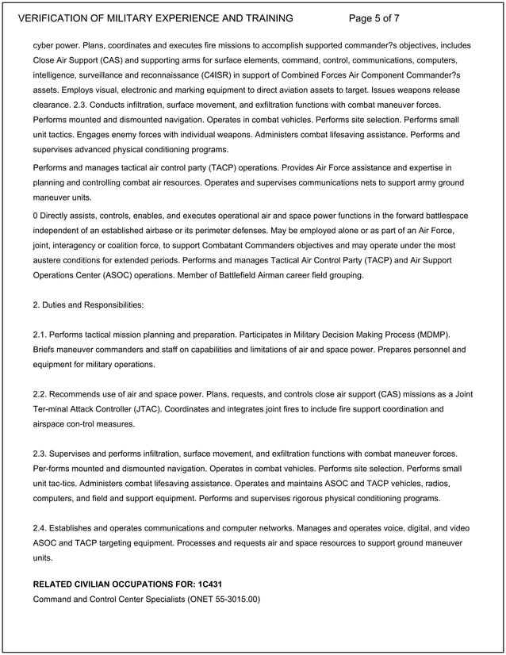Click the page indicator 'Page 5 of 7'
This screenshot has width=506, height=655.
386,18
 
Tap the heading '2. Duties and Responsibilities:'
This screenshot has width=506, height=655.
88,305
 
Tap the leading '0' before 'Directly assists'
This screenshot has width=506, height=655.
36,215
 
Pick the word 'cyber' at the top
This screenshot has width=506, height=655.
44,44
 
